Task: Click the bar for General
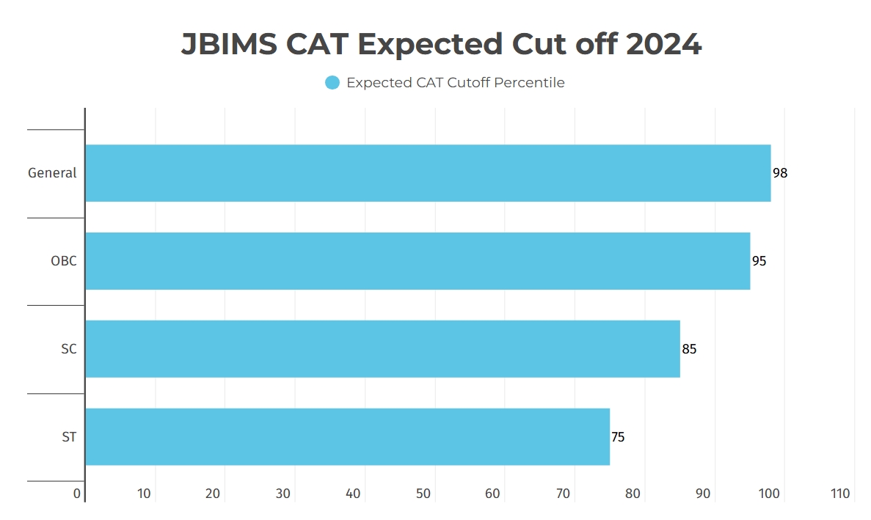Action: (428, 173)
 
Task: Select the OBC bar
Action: (418, 261)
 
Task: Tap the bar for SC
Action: (382, 349)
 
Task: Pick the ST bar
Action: (347, 437)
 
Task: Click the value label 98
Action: (780, 173)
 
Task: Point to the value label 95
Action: (759, 261)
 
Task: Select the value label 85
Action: (689, 349)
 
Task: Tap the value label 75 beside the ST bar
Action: (618, 437)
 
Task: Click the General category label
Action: (52, 173)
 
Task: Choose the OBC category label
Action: (63, 261)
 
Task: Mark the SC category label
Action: (68, 349)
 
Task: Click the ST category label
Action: (69, 437)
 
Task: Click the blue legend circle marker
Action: (332, 83)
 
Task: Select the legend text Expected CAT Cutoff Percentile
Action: (455, 83)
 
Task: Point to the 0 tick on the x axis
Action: (77, 494)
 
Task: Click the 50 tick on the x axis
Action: (423, 494)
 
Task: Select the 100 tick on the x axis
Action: (770, 494)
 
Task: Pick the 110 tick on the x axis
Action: (839, 494)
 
